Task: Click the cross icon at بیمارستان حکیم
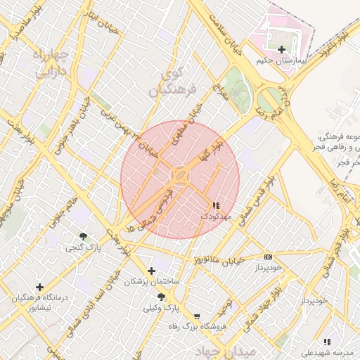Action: [x=282, y=49]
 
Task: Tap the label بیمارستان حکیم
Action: [x=283, y=63]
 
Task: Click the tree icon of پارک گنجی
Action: [x=84, y=236]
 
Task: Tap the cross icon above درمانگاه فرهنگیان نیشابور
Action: [x=39, y=287]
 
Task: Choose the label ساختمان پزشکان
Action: [x=152, y=281]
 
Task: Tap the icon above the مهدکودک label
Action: [x=215, y=205]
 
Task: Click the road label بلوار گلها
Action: [x=212, y=146]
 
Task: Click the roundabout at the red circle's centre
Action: [x=180, y=174]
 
